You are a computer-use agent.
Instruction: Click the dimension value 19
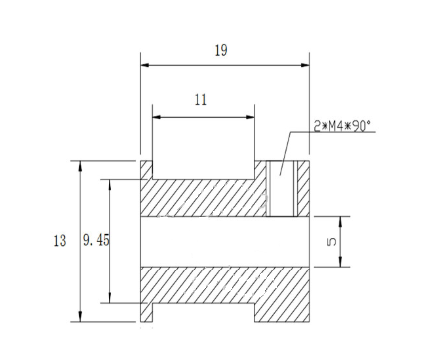coord(221,51)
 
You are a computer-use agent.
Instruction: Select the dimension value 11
coord(201,100)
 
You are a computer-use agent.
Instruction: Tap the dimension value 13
coord(60,241)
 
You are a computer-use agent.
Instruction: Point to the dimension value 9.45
coord(96,240)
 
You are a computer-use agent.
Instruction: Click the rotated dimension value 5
coord(331,242)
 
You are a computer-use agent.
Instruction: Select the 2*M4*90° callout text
coord(342,126)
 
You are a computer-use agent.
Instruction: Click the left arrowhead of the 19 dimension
coord(145,65)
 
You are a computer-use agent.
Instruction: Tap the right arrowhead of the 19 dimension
coord(305,65)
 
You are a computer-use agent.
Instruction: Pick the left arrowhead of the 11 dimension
coord(157,117)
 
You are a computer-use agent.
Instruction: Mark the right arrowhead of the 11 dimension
coord(250,117)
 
